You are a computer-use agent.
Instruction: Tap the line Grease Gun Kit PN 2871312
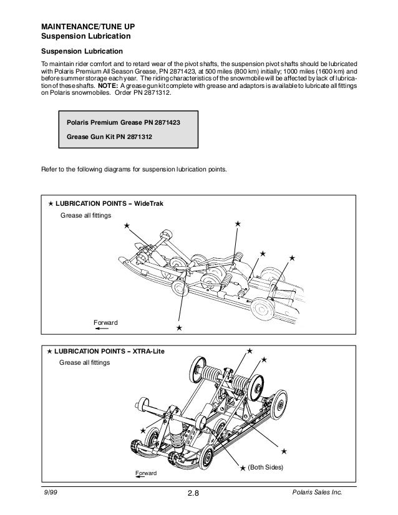110,137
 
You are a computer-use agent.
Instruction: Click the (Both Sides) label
266,467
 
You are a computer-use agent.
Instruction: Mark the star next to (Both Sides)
243,467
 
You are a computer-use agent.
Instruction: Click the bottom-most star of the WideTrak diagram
179,327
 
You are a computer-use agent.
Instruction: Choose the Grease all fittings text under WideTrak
85,216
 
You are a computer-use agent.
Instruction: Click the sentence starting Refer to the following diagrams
135,169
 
